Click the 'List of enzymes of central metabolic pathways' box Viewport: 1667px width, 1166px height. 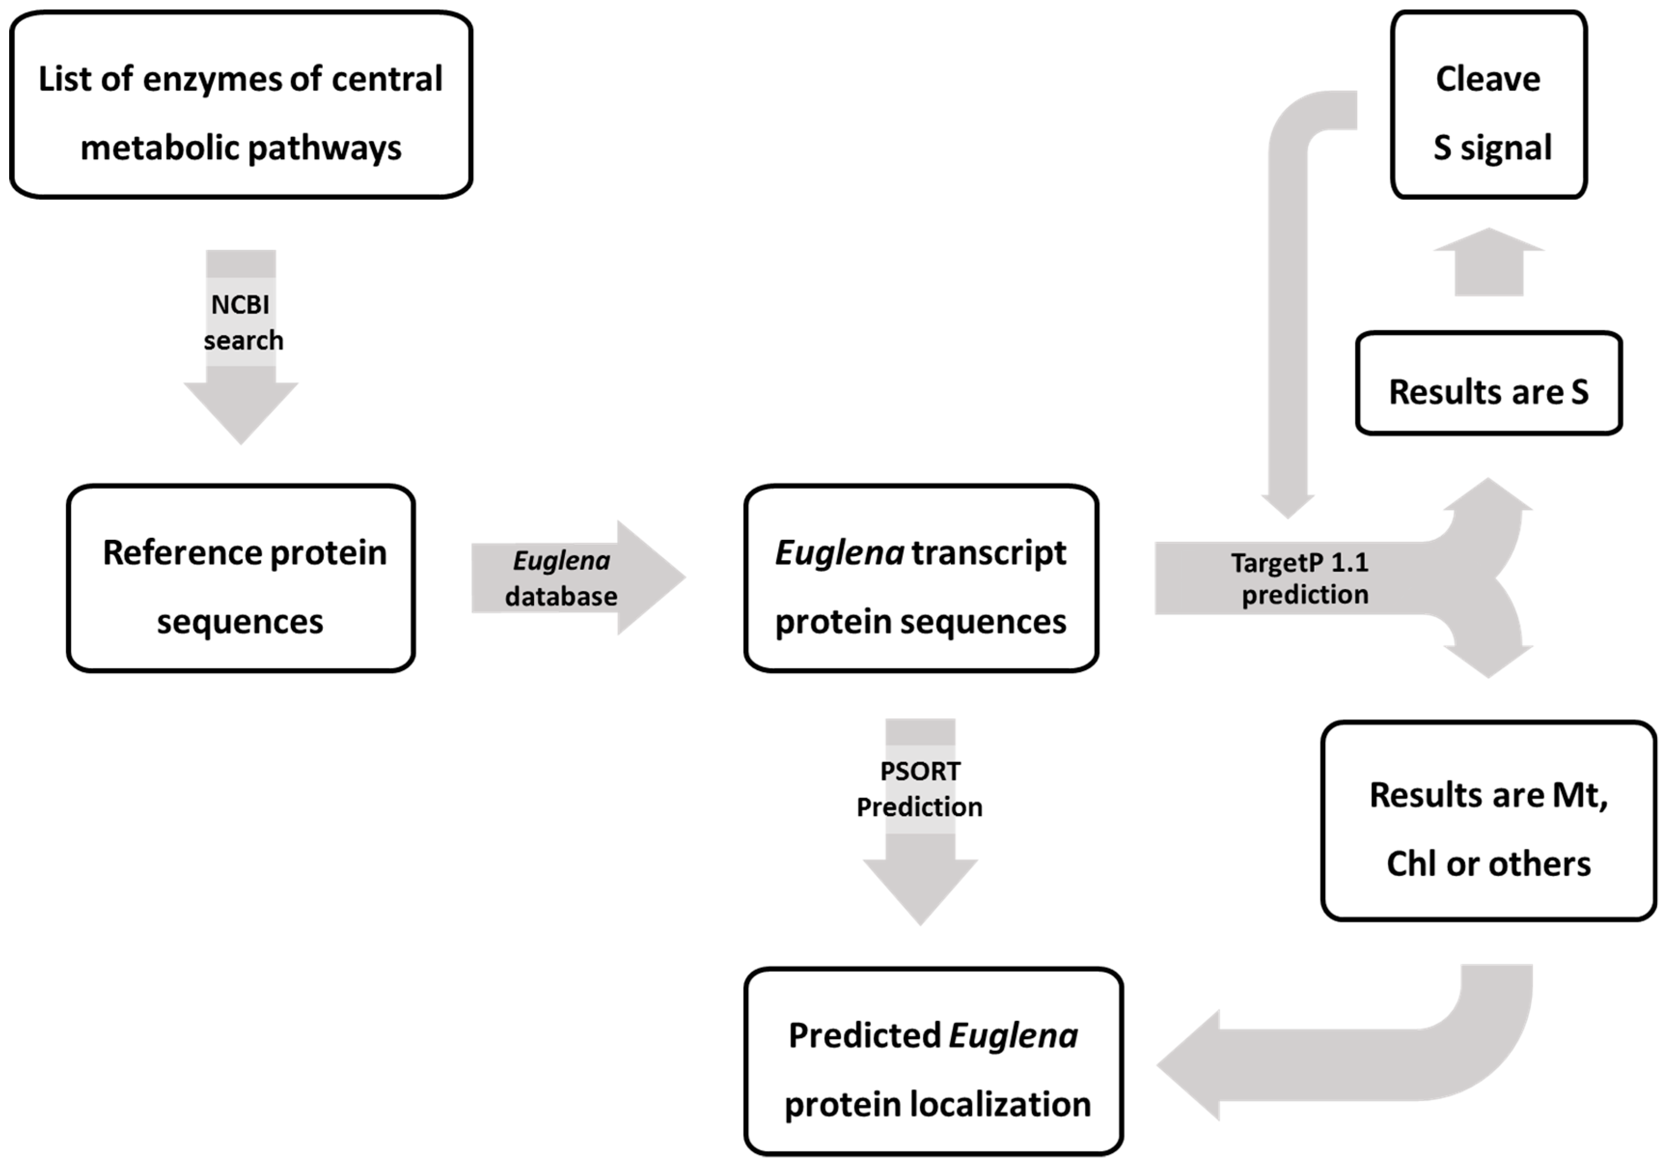(241, 105)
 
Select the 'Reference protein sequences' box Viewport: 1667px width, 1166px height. (241, 578)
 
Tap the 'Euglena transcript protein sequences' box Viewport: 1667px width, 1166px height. (921, 578)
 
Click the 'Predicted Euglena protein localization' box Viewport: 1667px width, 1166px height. (934, 1061)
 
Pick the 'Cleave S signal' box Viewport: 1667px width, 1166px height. (1489, 105)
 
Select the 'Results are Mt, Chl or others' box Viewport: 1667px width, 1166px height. (1489, 821)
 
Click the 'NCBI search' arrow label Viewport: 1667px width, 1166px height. (242, 322)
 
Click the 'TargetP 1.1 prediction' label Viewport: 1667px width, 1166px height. (1299, 578)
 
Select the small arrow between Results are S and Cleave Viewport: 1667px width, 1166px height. (1489, 263)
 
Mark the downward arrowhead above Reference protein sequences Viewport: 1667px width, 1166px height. (241, 410)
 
